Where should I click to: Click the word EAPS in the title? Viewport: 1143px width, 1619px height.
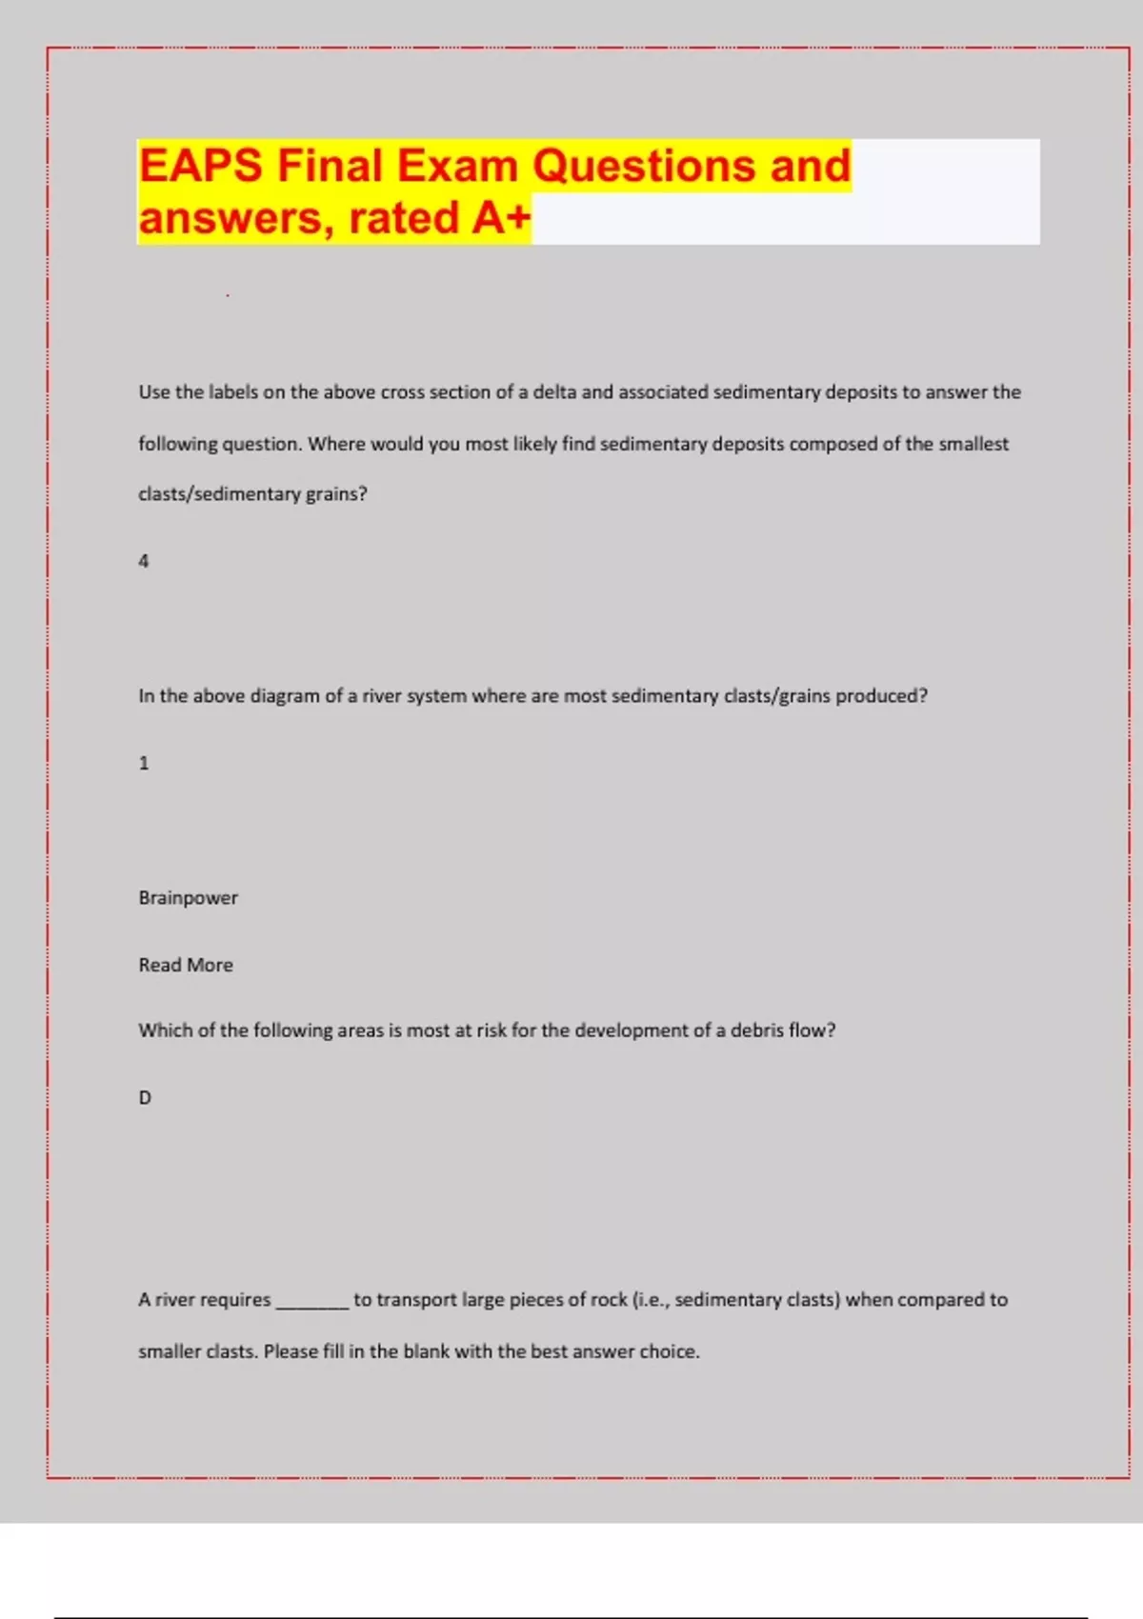pyautogui.click(x=200, y=166)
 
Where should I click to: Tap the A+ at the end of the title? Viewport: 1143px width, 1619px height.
pyautogui.click(x=501, y=218)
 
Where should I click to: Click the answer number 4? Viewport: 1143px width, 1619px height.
pyautogui.click(x=144, y=561)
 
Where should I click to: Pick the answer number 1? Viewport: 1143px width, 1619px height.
pyautogui.click(x=144, y=763)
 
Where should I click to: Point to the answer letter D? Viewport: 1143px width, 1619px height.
pyautogui.click(x=145, y=1098)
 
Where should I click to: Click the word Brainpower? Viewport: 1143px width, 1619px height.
pyautogui.click(x=188, y=897)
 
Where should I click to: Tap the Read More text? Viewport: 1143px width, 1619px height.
pyautogui.click(x=186, y=965)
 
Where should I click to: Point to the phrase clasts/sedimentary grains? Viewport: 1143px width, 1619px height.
pyautogui.click(x=252, y=494)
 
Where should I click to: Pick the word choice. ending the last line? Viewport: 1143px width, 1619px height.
pyautogui.click(x=669, y=1351)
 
